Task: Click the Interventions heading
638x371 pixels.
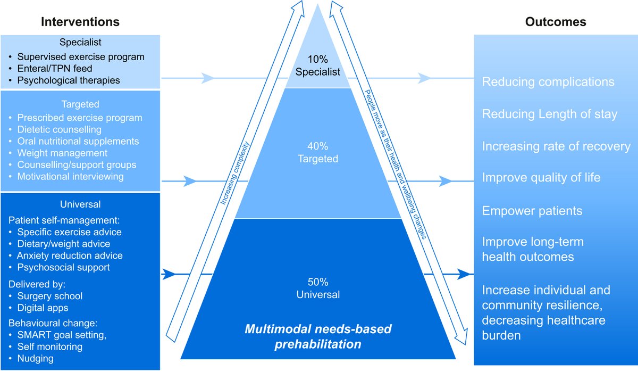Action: (x=80, y=22)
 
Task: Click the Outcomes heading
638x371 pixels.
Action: (x=556, y=22)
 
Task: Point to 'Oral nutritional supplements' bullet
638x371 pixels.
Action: (x=78, y=141)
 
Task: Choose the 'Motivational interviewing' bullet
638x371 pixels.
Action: (x=70, y=176)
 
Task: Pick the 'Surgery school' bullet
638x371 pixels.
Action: (x=50, y=296)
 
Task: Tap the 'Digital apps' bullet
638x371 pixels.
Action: (x=43, y=308)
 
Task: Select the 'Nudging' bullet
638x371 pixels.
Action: (x=35, y=358)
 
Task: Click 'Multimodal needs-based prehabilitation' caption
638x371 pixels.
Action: (x=318, y=336)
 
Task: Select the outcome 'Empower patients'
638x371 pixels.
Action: (x=532, y=211)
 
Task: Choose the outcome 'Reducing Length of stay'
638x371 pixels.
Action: (x=549, y=114)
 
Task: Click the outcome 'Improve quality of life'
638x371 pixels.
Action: (x=541, y=177)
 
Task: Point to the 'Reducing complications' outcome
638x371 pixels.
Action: (x=548, y=82)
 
